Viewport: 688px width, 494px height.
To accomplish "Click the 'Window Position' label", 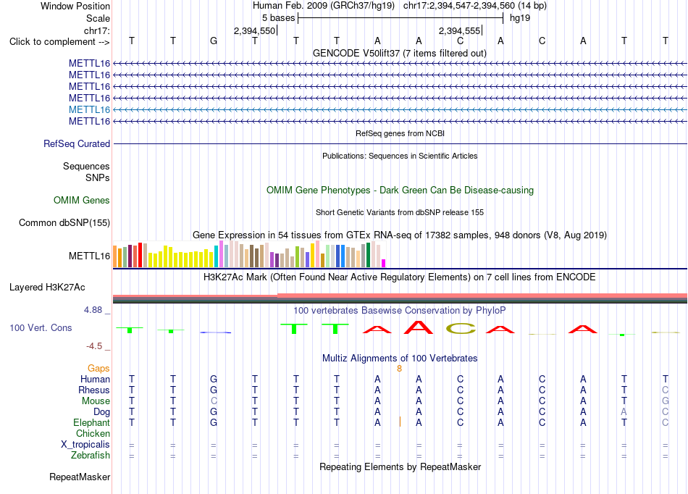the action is point(75,6).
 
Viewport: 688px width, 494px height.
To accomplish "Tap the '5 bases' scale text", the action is point(279,18).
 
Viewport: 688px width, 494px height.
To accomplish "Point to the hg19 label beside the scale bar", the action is point(520,18).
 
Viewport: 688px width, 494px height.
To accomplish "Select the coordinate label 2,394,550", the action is point(254,30).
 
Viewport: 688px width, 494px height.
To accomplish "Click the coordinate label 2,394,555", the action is point(459,30).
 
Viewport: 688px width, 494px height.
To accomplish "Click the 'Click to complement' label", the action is point(59,42).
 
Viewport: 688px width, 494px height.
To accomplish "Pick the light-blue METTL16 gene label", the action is point(90,109).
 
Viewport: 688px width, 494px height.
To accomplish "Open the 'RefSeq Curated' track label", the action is point(77,144).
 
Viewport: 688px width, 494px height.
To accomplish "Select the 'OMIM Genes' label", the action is point(82,201).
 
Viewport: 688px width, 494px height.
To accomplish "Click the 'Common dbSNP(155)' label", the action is point(64,223).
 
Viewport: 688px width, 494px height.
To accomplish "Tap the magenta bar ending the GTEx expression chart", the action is point(384,263).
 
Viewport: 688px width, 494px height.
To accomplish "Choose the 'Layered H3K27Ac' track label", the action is point(47,288).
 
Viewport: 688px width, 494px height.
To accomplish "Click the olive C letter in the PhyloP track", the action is point(461,329).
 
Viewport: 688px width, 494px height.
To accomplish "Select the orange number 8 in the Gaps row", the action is point(399,369).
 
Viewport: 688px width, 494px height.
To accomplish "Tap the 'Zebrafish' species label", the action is point(91,456).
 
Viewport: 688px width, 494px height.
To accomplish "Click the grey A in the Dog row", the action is point(624,412).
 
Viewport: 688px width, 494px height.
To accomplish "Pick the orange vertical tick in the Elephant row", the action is point(400,422).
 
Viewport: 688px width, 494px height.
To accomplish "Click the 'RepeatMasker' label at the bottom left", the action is point(80,477).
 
